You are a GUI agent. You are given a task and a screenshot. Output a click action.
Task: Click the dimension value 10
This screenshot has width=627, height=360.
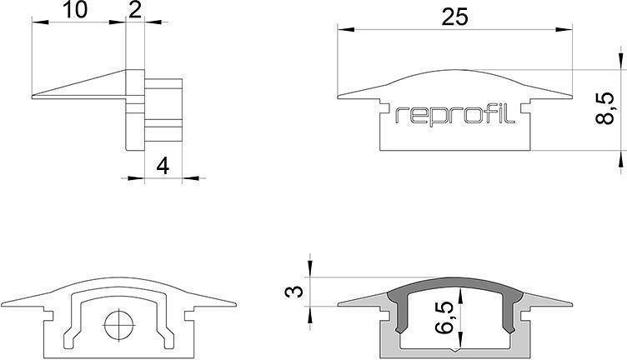point(74,11)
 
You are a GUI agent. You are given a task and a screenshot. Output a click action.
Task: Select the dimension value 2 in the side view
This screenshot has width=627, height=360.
point(135,11)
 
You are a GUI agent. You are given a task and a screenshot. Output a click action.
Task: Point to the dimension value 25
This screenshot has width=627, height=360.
point(456,17)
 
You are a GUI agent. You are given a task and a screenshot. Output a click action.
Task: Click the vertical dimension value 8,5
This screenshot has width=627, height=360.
point(608,108)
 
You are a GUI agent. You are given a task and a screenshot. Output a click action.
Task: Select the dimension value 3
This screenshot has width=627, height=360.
point(291,292)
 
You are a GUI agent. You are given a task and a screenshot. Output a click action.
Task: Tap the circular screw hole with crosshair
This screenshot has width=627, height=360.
point(118,322)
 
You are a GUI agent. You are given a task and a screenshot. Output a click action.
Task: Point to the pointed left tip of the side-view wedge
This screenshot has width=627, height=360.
point(33,97)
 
